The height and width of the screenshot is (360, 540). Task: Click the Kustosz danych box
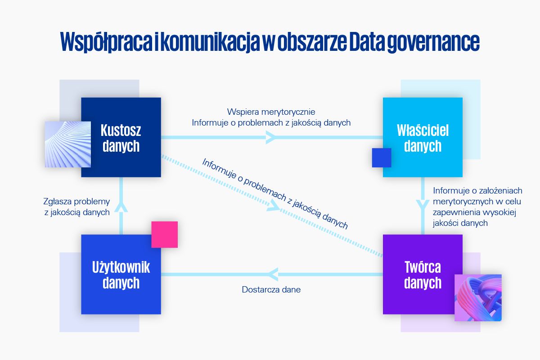tap(121, 138)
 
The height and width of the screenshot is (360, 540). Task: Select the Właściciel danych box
tap(423, 138)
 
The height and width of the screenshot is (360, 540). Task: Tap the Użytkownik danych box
tap(121, 274)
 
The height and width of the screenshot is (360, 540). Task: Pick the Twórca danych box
tap(423, 274)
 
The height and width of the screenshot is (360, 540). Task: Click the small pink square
tap(165, 234)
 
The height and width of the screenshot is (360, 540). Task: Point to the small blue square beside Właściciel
tap(382, 157)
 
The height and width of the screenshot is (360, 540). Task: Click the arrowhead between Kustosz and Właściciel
tap(271, 137)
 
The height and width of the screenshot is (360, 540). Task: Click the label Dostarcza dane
tap(271, 290)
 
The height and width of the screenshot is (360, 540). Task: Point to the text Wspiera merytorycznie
tap(271, 112)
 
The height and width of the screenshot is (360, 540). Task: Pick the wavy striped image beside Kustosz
tap(67, 144)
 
